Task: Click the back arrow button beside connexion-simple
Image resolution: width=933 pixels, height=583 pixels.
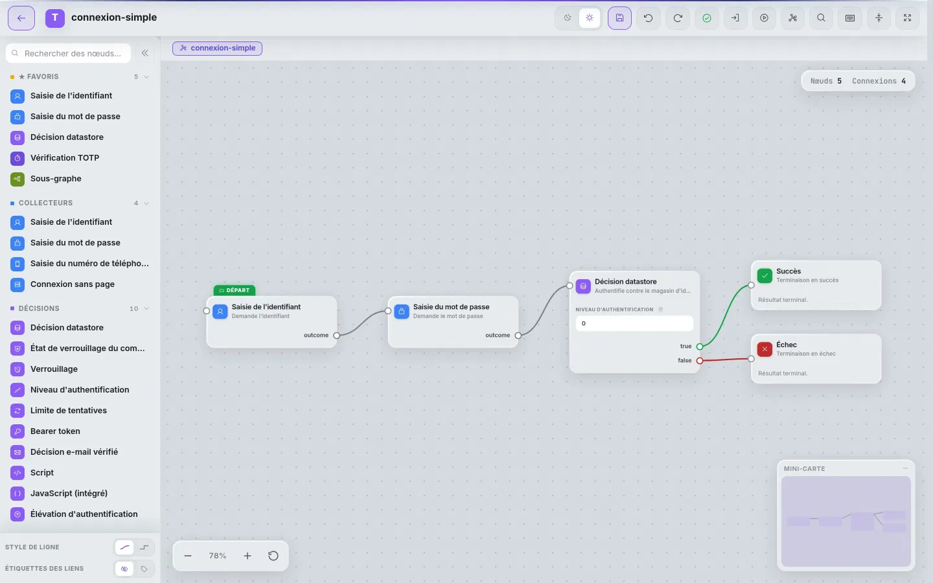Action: [21, 18]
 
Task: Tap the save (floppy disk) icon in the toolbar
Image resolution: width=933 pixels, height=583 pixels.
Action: [619, 18]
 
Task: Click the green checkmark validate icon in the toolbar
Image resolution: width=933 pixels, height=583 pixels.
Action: [706, 18]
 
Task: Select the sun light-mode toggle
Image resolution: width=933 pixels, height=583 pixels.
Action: [590, 18]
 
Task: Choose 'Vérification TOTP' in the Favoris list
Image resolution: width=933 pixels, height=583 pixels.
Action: [65, 158]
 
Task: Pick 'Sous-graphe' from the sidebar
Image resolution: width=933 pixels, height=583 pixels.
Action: [56, 179]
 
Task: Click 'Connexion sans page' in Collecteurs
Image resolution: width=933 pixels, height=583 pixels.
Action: [73, 284]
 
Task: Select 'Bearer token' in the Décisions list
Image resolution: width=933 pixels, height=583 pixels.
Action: [55, 431]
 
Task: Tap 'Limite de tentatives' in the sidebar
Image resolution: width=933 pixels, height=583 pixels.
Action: [68, 410]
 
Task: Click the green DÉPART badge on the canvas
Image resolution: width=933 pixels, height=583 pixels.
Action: [235, 290]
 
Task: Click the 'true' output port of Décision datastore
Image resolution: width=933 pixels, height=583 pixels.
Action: [700, 347]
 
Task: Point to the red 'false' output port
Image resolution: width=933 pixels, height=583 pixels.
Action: [700, 361]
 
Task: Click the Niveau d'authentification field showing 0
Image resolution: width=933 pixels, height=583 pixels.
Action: [634, 324]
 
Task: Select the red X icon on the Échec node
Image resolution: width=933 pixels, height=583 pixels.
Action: [765, 349]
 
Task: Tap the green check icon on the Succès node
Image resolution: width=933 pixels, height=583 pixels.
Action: [765, 276]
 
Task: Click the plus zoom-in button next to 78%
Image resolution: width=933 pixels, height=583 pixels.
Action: [248, 556]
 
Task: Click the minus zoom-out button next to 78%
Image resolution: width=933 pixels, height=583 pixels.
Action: [188, 556]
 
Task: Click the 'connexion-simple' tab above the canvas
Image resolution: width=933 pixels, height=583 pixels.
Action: [218, 49]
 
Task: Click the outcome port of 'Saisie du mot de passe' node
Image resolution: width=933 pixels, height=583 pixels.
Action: [518, 336]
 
